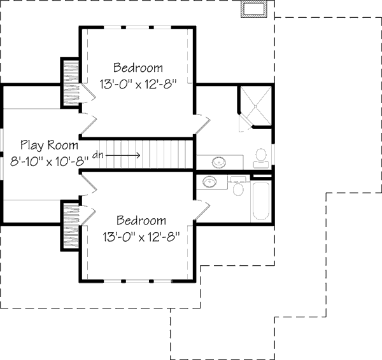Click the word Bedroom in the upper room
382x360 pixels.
pos(138,67)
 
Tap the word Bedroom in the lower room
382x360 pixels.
pos(142,221)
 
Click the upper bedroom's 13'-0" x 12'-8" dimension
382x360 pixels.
pos(138,83)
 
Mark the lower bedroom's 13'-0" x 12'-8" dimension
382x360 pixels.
pos(142,237)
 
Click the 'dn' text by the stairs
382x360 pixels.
pos(98,154)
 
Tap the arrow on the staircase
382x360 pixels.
pos(127,154)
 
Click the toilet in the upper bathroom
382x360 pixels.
pos(261,156)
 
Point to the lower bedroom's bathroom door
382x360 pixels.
pos(201,202)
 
